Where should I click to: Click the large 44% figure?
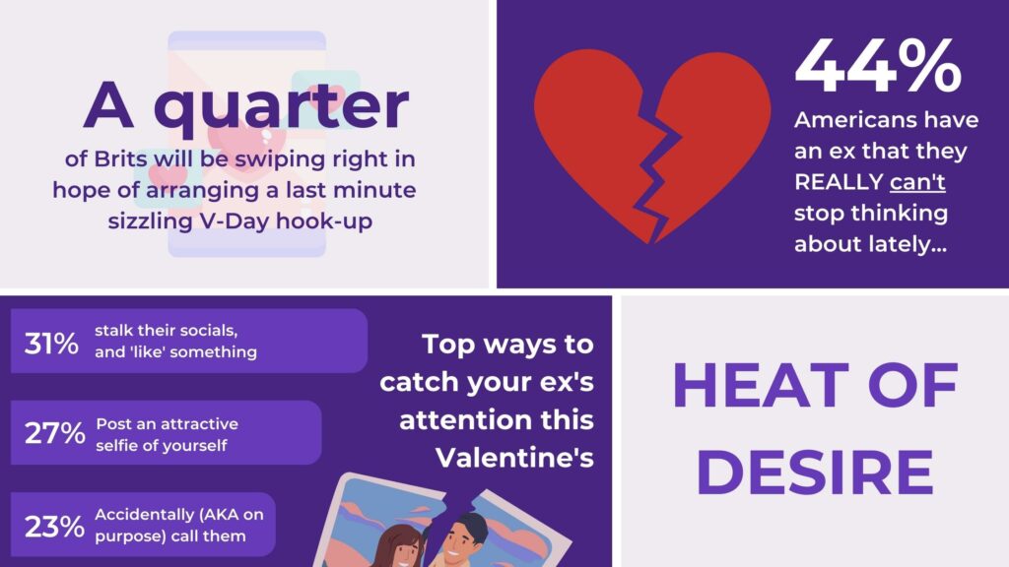click(878, 66)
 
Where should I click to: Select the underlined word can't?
click(917, 182)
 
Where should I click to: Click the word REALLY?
click(839, 182)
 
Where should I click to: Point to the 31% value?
click(51, 344)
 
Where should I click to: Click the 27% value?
click(54, 433)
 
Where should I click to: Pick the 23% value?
click(54, 527)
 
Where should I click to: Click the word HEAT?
click(761, 385)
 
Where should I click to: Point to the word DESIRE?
click(815, 472)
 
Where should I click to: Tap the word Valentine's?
click(514, 458)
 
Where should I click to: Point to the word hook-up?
click(324, 221)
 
